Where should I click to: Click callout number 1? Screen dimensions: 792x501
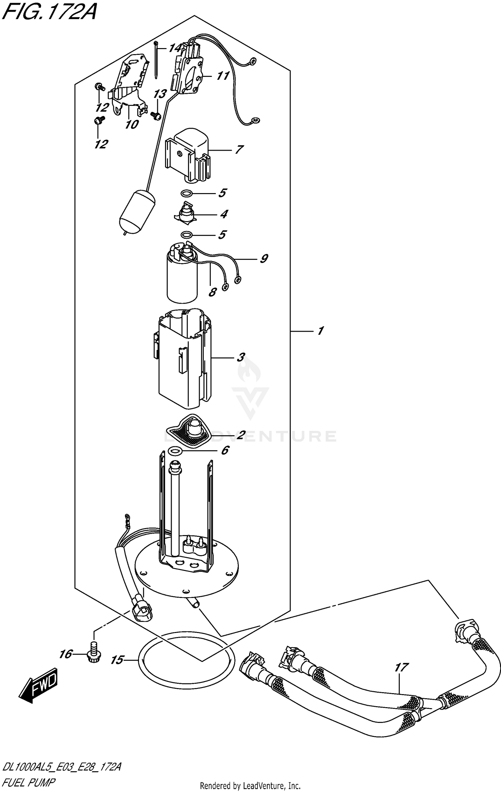320,331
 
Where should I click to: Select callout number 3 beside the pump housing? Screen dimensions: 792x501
240,358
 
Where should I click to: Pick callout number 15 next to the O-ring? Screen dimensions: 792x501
117,660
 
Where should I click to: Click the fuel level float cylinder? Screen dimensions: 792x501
136,212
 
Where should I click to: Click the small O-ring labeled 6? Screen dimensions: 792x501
175,452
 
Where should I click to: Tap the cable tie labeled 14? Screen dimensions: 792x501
156,60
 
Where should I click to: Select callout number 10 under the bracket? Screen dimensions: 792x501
132,124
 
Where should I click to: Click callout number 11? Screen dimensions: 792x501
222,76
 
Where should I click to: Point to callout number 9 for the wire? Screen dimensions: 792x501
264,258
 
